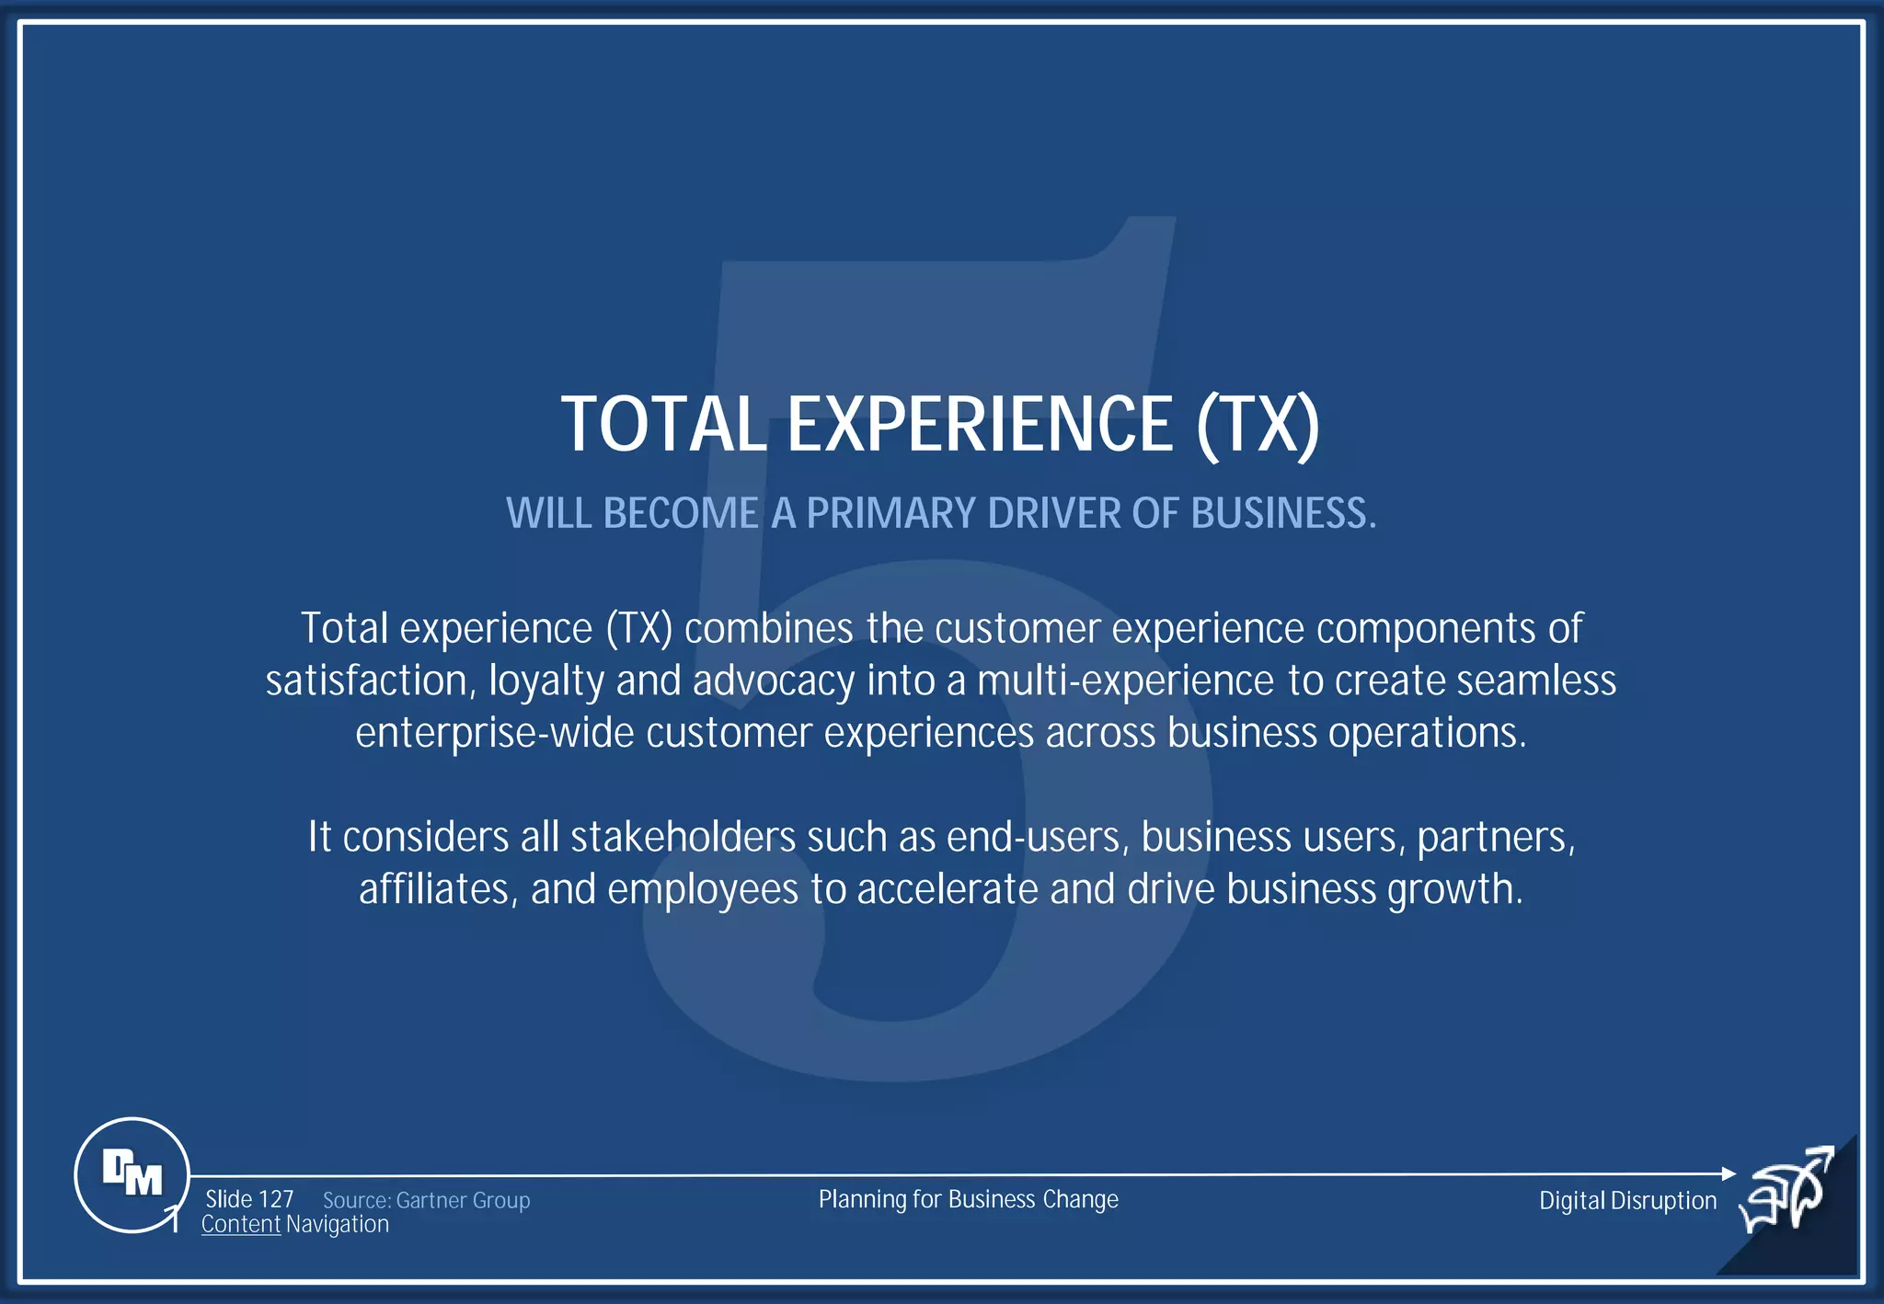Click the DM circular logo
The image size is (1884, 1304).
click(x=132, y=1174)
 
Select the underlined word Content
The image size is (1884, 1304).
click(x=241, y=1225)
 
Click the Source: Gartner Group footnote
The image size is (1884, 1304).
click(x=426, y=1200)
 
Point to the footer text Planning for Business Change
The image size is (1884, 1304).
click(x=968, y=1199)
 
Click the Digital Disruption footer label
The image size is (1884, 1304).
click(x=1627, y=1200)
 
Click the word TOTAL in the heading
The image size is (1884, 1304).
click(x=663, y=424)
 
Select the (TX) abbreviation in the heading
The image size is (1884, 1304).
click(x=1258, y=424)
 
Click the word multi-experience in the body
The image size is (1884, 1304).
click(x=1125, y=681)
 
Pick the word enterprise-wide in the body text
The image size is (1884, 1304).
click(x=495, y=733)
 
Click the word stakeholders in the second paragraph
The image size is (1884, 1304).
click(x=683, y=838)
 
